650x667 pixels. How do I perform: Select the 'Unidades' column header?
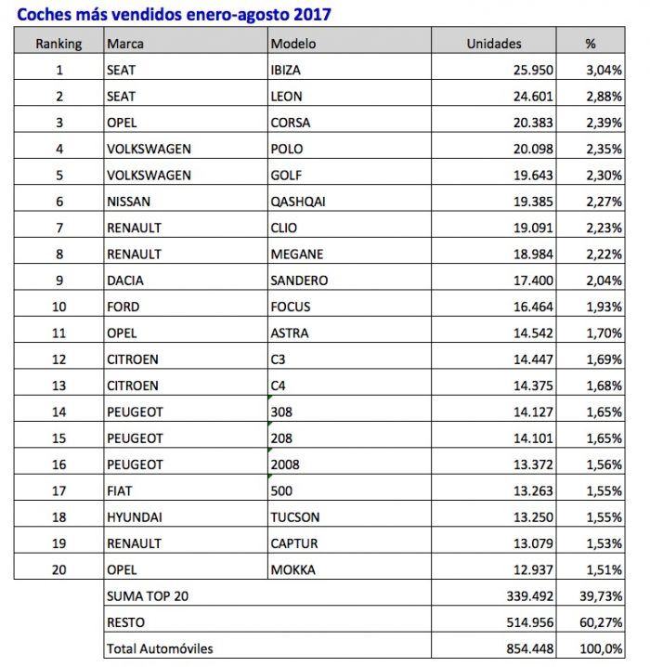tap(494, 44)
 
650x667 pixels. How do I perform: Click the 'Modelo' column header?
tap(292, 44)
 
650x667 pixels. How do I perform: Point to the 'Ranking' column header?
tap(58, 44)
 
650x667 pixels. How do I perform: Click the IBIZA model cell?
tap(286, 70)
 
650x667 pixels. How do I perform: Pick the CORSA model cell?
tap(291, 123)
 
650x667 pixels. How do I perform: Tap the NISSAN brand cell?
tap(130, 202)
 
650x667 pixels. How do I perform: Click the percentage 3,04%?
tap(604, 70)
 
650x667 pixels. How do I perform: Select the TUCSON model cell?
tap(294, 517)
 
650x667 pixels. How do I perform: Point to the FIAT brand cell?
tap(122, 490)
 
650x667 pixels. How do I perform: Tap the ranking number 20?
tap(58, 569)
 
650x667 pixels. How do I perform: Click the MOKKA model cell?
tap(292, 569)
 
